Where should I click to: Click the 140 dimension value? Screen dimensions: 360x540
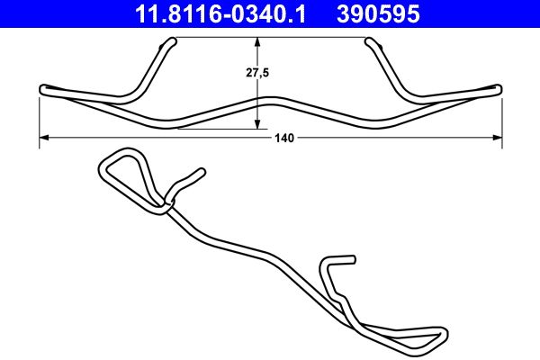click(284, 138)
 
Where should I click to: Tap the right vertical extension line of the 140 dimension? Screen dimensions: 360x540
click(501, 117)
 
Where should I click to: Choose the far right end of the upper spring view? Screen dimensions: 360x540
click(499, 88)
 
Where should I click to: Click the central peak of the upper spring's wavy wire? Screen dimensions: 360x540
click(270, 96)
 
